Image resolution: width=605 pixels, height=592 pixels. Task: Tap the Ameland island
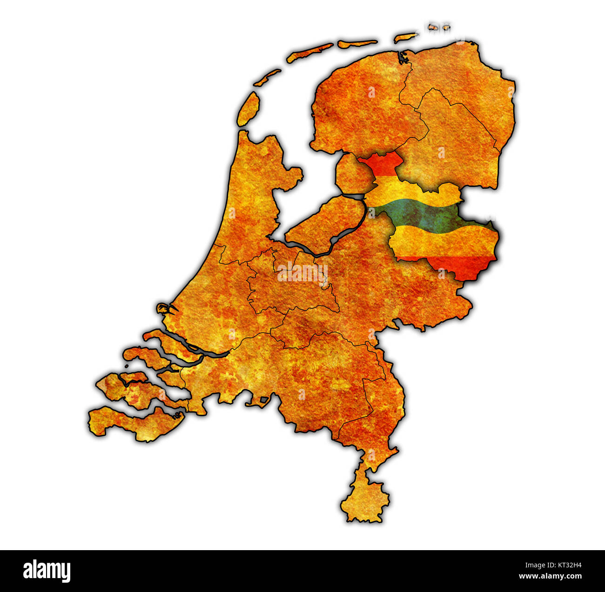pos(357,44)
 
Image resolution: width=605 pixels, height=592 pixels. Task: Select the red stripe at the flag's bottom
pos(461,267)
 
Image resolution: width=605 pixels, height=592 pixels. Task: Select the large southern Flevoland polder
pos(326,223)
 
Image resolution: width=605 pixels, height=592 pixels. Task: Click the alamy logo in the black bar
pos(47,571)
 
